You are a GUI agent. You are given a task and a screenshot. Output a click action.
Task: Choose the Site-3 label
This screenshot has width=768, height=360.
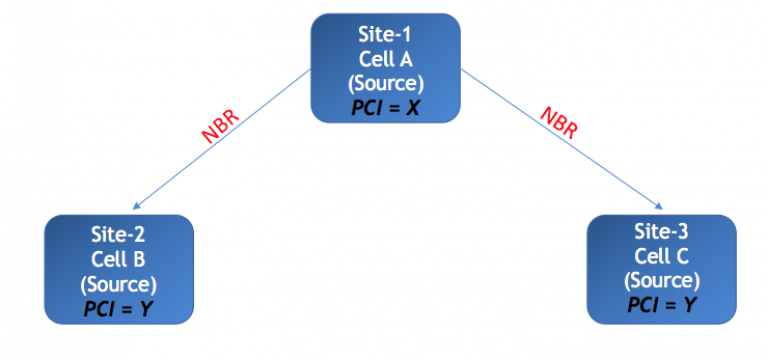coord(661,231)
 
